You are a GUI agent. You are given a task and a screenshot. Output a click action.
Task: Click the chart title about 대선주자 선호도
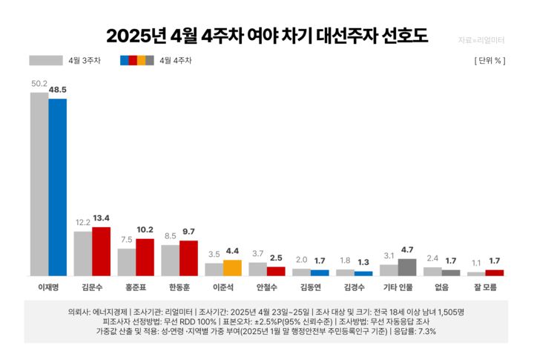[x=266, y=36]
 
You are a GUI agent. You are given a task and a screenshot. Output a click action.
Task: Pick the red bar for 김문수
[x=101, y=252]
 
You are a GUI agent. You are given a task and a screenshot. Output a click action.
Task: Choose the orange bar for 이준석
[x=232, y=268]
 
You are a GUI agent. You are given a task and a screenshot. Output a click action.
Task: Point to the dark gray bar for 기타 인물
[x=407, y=267]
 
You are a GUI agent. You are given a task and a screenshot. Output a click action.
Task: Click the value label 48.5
[x=58, y=89]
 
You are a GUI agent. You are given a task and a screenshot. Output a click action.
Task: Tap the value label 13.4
[x=102, y=218]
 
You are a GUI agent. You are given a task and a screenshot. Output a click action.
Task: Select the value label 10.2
[x=145, y=229]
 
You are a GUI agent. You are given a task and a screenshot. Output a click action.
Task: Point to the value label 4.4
[x=232, y=251]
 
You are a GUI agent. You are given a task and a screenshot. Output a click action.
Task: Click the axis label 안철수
[x=266, y=286]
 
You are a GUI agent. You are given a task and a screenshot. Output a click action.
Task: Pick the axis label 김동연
[x=310, y=286]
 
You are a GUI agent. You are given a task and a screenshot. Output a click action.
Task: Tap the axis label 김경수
[x=354, y=286]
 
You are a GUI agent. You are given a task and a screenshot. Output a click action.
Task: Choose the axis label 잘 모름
[x=485, y=286]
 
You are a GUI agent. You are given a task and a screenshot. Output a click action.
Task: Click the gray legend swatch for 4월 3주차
[x=46, y=61]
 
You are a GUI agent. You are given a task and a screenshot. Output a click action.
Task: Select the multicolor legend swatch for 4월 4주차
[x=136, y=61]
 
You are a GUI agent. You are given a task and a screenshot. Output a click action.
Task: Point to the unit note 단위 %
[x=489, y=61]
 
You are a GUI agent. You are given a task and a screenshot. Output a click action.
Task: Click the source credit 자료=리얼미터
[x=481, y=38]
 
